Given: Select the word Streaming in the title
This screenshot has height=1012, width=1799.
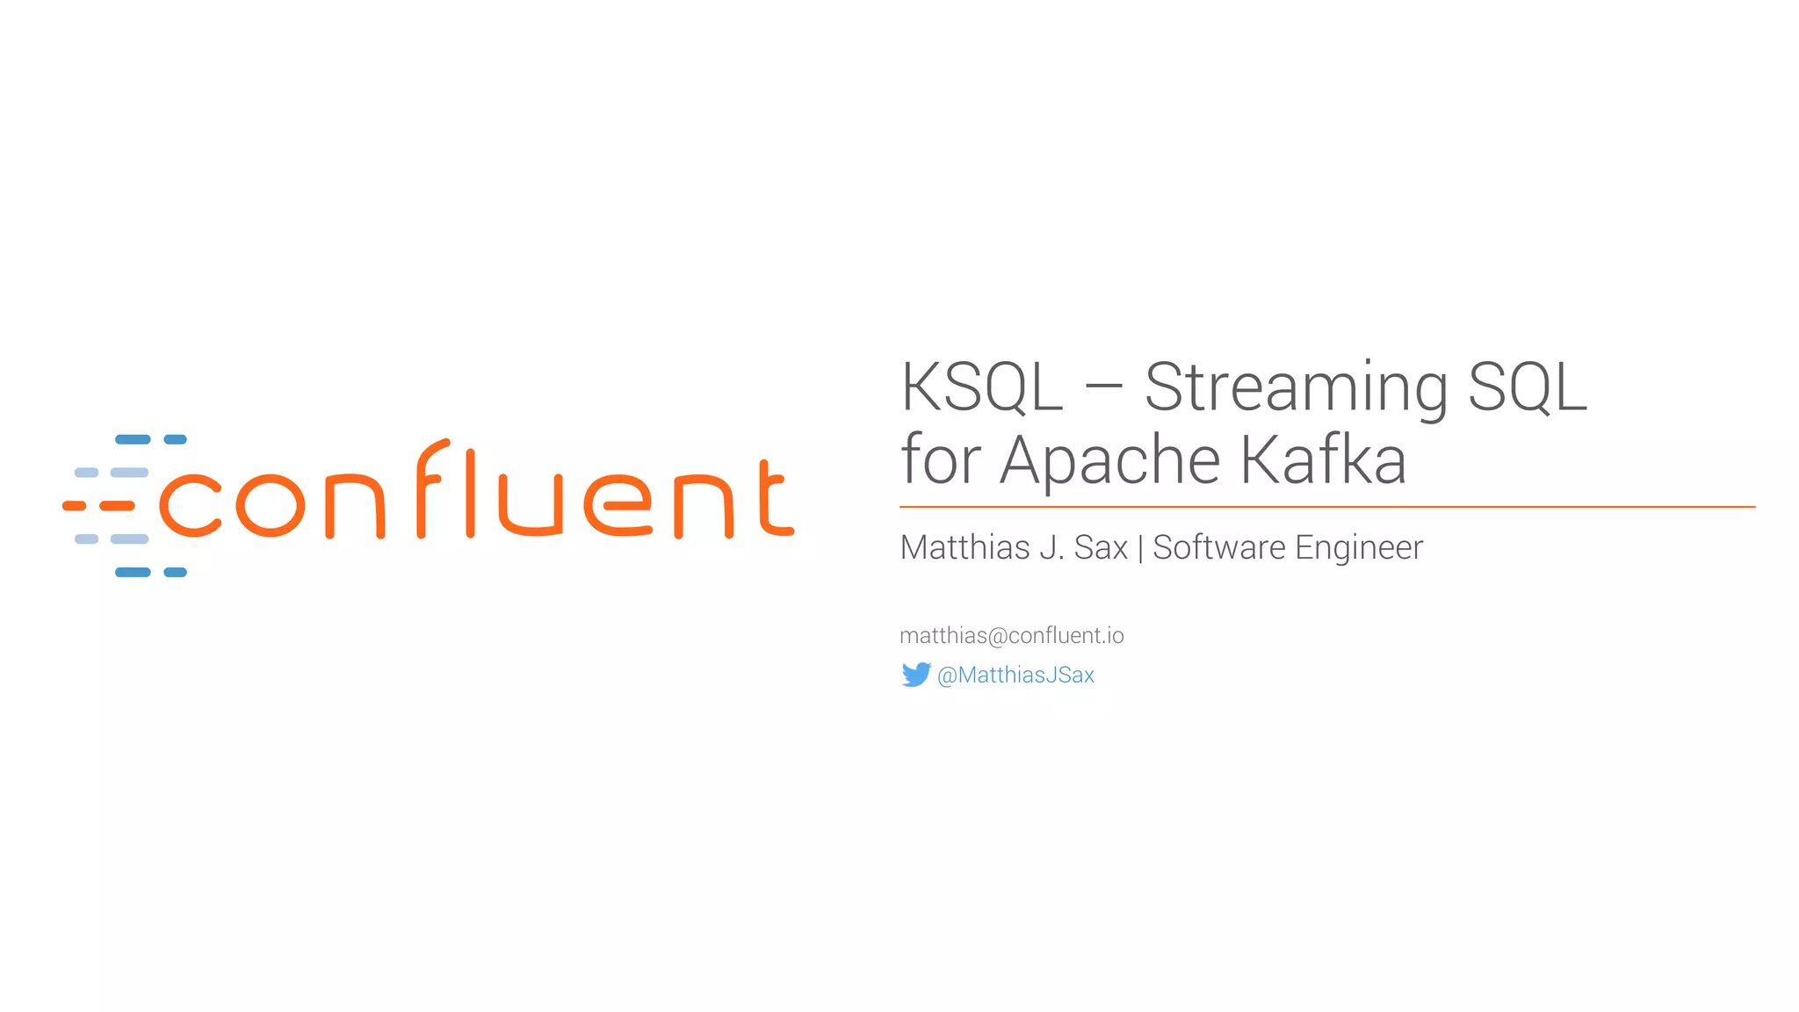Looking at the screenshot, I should (1296, 388).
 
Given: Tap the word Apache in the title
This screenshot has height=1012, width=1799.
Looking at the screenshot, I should (1110, 460).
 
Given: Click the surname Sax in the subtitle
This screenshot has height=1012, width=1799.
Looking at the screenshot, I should (1101, 547).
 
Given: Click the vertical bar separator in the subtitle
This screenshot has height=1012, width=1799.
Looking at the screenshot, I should (1140, 548).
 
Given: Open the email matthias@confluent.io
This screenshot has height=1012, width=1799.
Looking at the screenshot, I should (1011, 635).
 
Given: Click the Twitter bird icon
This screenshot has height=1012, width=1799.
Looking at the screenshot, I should (915, 675).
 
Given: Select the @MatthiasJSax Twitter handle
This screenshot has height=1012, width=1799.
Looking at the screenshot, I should (1015, 675).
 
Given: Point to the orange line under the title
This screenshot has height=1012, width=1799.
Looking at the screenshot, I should (1326, 507).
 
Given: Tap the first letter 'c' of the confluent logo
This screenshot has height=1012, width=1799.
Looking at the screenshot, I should (190, 505).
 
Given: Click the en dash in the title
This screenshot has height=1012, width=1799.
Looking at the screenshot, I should (1103, 389).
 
